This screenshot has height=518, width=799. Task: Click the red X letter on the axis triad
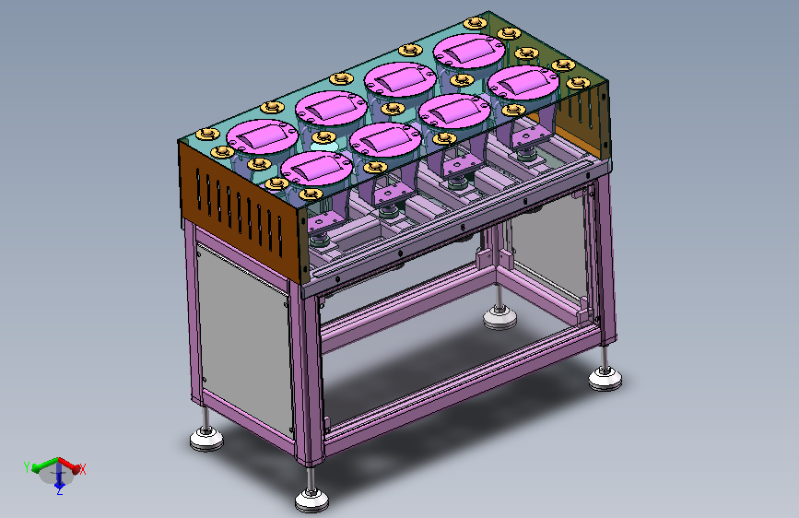(x=82, y=469)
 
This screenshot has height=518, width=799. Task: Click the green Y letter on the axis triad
(x=27, y=467)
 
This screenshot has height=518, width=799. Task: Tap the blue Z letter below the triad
(x=60, y=491)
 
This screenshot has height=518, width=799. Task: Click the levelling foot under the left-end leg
(x=206, y=439)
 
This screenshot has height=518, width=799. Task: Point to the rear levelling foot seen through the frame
(x=499, y=317)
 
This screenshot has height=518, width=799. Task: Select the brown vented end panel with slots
(x=240, y=209)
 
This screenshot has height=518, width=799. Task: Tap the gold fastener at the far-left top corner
(x=207, y=134)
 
